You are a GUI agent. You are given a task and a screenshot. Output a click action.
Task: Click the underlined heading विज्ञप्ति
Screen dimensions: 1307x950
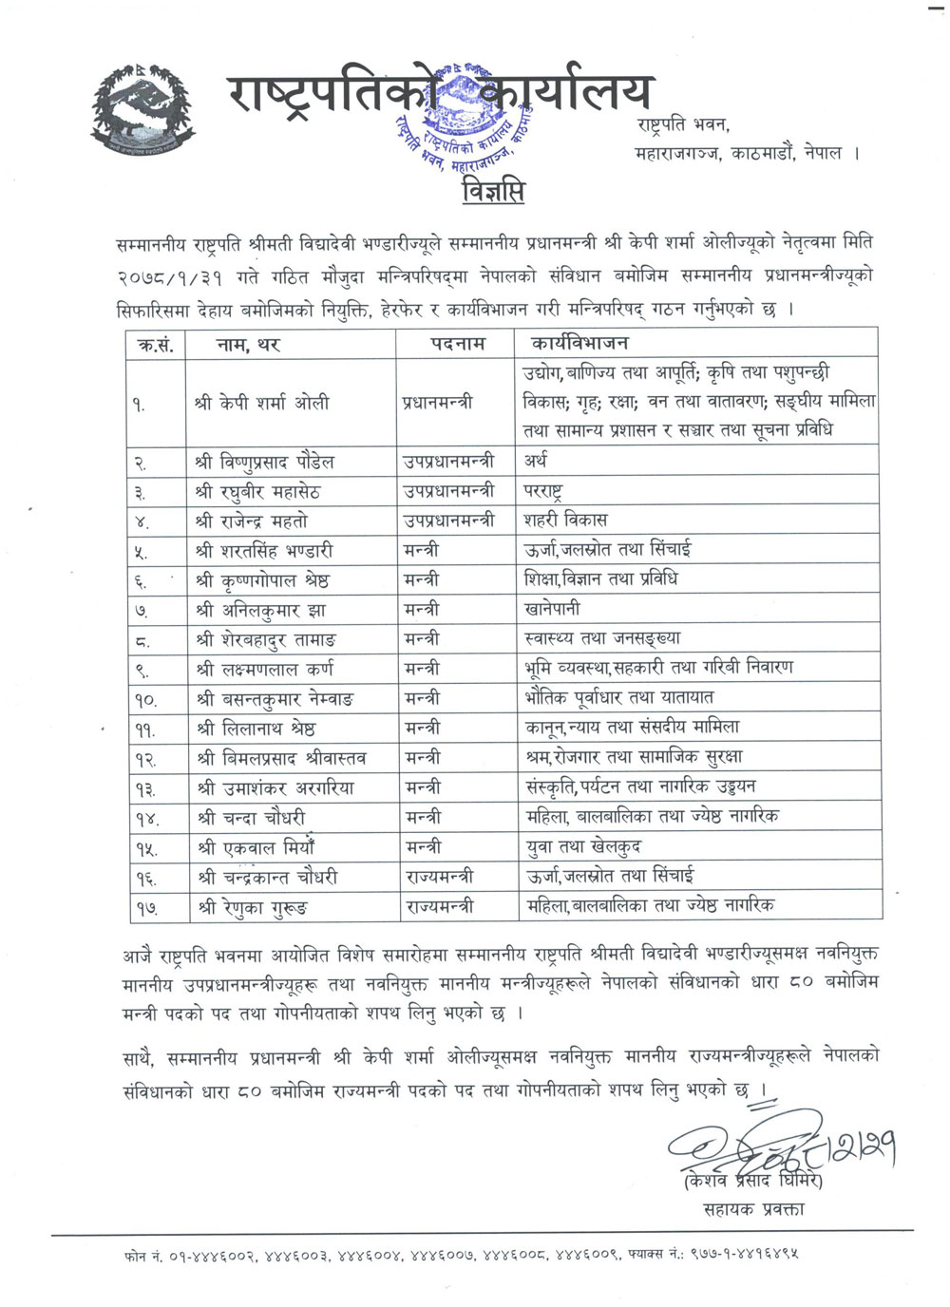493,191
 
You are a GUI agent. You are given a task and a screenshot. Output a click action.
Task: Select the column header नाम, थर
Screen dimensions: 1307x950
249,344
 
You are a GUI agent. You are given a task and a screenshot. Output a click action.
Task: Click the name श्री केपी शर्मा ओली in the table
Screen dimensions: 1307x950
262,403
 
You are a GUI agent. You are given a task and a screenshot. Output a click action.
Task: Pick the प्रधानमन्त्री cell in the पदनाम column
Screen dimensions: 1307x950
437,403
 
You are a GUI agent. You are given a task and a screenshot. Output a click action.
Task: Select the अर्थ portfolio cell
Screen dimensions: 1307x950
536,462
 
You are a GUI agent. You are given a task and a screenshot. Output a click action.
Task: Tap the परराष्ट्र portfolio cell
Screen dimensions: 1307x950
543,491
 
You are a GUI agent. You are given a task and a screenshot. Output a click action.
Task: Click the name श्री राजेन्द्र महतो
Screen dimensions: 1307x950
252,521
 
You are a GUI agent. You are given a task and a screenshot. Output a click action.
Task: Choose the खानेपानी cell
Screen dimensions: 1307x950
552,609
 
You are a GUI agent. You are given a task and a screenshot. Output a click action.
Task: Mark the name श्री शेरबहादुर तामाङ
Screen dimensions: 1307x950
266,639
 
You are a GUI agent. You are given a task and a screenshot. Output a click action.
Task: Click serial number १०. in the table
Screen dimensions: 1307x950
144,700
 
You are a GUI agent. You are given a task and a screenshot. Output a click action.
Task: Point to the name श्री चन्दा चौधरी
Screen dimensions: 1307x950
251,818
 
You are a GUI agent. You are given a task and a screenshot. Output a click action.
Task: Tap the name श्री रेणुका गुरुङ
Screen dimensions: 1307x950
253,907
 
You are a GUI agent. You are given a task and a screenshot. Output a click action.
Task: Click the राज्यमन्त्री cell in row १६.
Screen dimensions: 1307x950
439,877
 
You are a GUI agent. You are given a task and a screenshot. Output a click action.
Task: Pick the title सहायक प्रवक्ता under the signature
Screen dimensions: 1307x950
755,1208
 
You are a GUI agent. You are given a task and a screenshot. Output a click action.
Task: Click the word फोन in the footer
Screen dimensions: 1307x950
135,1255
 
